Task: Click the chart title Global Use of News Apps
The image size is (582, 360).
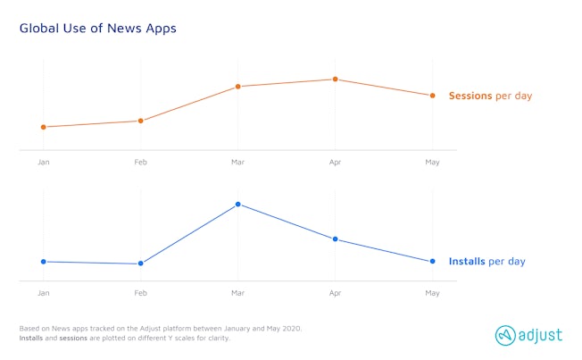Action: click(98, 29)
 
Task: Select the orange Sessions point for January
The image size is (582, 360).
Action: click(44, 127)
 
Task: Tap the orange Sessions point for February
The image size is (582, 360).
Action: click(141, 121)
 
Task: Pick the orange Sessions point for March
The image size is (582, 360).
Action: click(238, 87)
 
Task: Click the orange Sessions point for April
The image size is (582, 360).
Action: click(336, 80)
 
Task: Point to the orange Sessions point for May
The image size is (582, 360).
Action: click(433, 96)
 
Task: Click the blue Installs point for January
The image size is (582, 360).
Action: click(44, 262)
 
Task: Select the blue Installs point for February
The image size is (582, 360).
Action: click(141, 264)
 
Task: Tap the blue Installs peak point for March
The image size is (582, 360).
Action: click(238, 205)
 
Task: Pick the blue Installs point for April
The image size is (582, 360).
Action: click(336, 239)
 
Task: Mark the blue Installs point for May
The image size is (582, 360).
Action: click(433, 262)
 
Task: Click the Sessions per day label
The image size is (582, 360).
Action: click(490, 96)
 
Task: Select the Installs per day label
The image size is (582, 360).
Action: click(486, 262)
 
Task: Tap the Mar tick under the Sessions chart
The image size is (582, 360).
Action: click(238, 163)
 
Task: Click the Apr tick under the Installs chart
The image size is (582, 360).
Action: click(336, 293)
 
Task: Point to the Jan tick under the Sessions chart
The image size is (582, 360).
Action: click(44, 163)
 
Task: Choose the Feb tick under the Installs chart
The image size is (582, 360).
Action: click(141, 293)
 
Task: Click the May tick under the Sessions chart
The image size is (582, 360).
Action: click(433, 163)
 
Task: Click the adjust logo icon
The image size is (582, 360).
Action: click(506, 335)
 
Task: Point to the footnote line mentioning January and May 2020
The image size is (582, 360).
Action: click(161, 329)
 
